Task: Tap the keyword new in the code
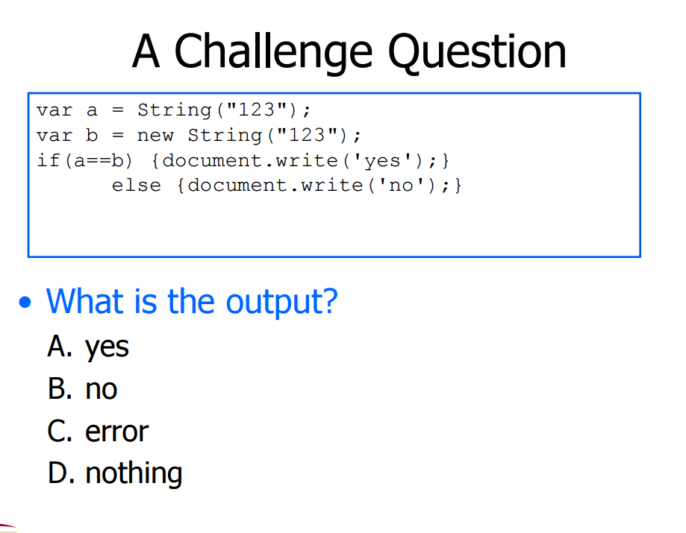(155, 136)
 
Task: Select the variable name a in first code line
(92, 110)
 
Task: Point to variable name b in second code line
(92, 136)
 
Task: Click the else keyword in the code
(136, 185)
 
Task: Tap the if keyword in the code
(48, 160)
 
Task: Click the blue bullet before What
(27, 303)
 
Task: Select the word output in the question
(281, 301)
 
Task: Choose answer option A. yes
(88, 347)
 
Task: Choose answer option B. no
(82, 389)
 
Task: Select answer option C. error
(98, 431)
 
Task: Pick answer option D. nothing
(115, 473)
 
